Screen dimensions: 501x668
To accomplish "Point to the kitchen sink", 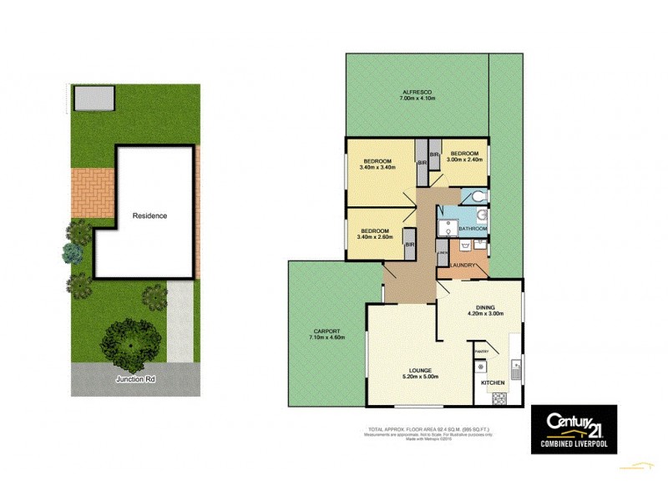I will pyautogui.click(x=515, y=365).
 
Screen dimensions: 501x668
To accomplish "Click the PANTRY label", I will pyautogui.click(x=481, y=352).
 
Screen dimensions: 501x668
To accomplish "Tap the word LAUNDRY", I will pyautogui.click(x=463, y=266).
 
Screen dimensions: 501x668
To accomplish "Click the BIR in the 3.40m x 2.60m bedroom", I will pyautogui.click(x=410, y=244).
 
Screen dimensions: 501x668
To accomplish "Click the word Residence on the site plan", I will pyautogui.click(x=149, y=215).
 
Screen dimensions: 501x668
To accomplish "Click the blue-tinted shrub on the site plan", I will pyautogui.click(x=73, y=250).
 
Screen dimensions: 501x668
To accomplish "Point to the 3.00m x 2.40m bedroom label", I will pyautogui.click(x=464, y=159).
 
